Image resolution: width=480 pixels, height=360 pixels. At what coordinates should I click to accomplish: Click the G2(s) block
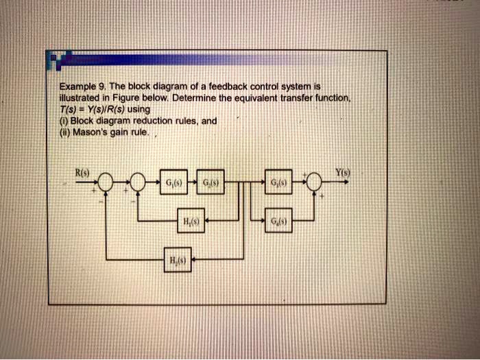[x=207, y=182]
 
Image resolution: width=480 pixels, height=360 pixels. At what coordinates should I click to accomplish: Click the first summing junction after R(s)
[x=106, y=182]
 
